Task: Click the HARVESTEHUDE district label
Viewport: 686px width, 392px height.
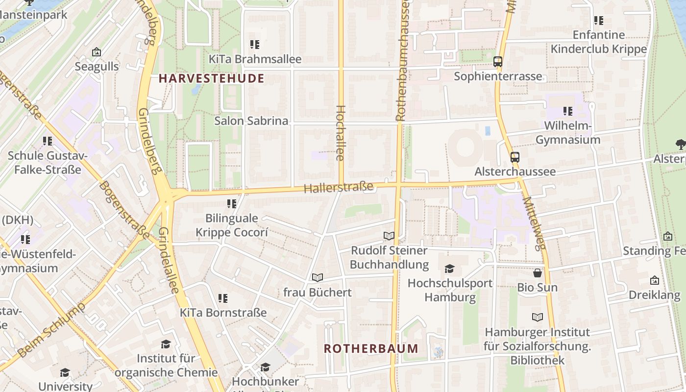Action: [211, 78]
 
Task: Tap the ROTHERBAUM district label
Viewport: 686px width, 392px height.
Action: [371, 348]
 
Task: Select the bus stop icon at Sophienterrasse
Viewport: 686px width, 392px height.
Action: [498, 62]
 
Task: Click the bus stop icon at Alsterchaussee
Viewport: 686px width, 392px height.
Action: [514, 157]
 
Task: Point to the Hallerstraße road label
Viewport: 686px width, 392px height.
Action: [339, 187]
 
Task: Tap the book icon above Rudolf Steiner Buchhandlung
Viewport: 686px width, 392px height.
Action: [389, 236]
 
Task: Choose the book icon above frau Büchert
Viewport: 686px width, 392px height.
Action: [318, 278]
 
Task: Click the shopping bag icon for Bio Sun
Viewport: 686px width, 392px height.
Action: [538, 273]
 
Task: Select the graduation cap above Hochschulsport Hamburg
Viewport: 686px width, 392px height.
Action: [449, 269]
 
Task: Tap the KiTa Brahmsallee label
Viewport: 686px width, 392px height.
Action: [255, 59]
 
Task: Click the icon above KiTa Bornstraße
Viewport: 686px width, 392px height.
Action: [223, 298]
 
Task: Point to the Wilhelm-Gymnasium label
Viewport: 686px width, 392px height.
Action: [567, 133]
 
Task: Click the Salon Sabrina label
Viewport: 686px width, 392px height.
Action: [251, 121]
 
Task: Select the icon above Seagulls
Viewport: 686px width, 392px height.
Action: [97, 52]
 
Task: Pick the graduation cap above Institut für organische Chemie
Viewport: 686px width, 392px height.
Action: [166, 344]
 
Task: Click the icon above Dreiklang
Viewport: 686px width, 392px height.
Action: [654, 281]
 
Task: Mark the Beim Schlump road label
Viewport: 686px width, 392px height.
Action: [51, 330]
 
